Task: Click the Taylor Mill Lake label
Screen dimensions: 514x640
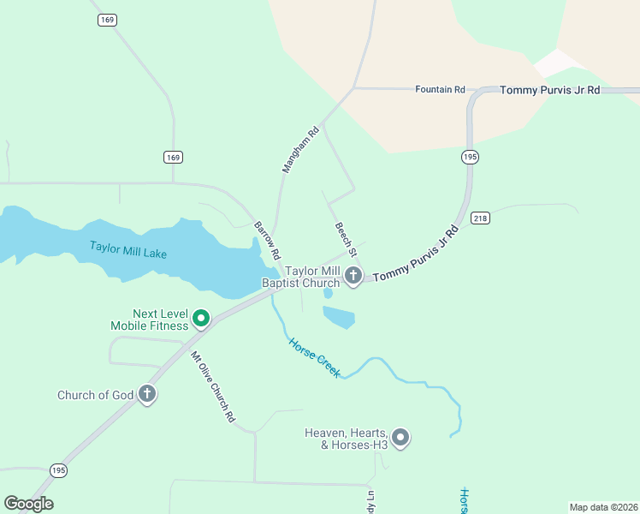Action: click(128, 250)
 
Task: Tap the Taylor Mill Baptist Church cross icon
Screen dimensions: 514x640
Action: click(353, 275)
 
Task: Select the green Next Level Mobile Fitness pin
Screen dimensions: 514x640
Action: click(201, 319)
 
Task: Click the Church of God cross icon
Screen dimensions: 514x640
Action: click(147, 394)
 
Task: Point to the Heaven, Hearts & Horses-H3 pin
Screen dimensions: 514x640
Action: click(400, 438)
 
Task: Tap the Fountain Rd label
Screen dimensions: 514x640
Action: click(440, 89)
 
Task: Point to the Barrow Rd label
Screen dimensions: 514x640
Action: click(267, 241)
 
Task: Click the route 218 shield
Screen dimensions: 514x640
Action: click(480, 218)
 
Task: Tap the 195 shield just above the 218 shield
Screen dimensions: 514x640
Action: click(470, 157)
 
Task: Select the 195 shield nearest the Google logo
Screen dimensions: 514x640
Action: click(58, 470)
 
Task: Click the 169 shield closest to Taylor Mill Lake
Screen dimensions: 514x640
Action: click(173, 157)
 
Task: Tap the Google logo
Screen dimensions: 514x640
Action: click(28, 504)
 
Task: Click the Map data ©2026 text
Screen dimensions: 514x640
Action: click(603, 506)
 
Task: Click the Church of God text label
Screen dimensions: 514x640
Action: click(96, 395)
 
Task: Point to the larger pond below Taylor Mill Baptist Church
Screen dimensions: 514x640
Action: click(339, 316)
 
